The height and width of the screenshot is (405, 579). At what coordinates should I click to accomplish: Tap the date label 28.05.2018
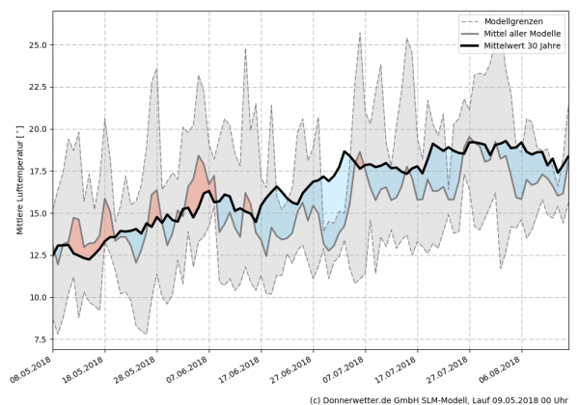click(x=134, y=372)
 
